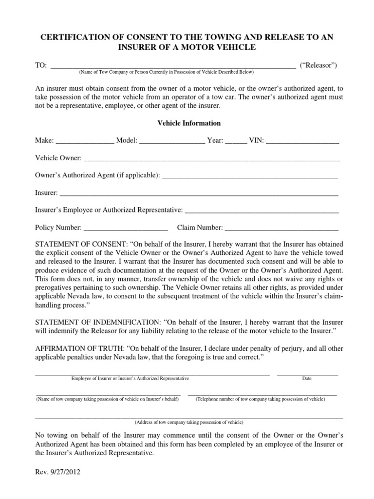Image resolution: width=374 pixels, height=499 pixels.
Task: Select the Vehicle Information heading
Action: click(189, 123)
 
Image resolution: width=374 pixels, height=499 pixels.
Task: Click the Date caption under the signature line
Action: click(307, 378)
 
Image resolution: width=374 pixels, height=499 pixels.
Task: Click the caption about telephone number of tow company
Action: click(261, 399)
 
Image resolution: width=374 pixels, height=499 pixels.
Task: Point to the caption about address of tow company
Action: click(189, 422)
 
